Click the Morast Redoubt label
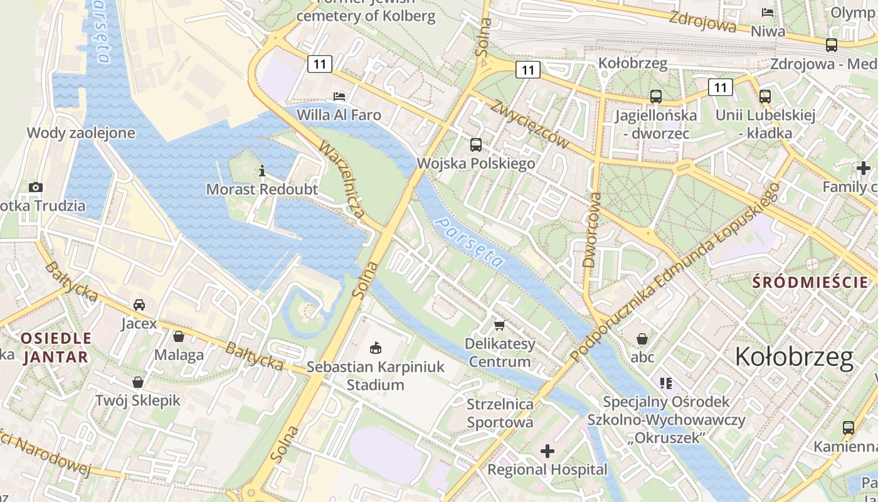coord(262,189)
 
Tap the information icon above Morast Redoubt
coord(262,171)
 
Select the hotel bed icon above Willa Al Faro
coord(339,97)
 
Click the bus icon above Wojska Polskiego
coord(476,145)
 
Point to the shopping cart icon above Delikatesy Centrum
coord(500,325)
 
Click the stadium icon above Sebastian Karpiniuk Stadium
coord(376,348)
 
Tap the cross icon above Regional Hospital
coord(547,451)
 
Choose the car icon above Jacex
coord(139,305)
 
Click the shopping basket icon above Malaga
coord(179,336)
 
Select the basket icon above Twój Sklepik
coord(138,382)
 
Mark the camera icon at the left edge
coord(36,187)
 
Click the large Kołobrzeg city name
coord(794,357)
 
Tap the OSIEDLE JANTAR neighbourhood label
coord(55,348)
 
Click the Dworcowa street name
coord(591,230)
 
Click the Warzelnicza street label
coord(342,179)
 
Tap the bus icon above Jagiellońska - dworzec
coord(655,97)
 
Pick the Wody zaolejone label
coord(81,132)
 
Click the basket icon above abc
coord(642,339)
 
